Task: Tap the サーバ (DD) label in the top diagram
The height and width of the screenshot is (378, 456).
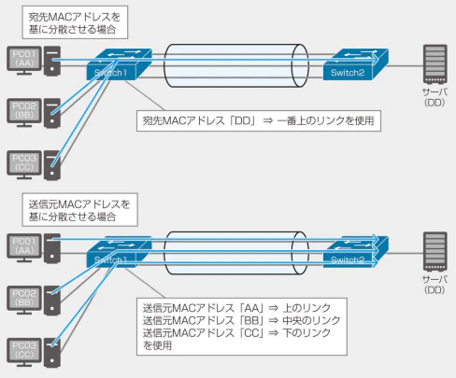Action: point(433,99)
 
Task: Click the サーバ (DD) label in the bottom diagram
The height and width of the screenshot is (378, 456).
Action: point(433,286)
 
